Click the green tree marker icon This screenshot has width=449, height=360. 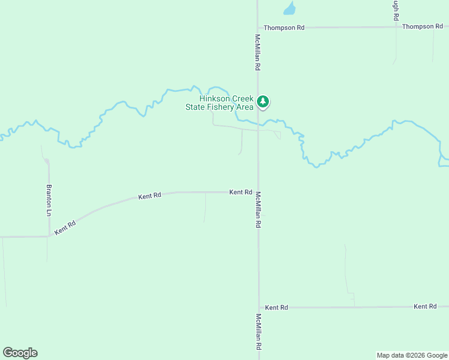click(262, 101)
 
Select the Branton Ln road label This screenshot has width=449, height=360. click(49, 200)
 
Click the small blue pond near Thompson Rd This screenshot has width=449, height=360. click(289, 8)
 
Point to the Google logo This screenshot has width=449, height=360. click(20, 353)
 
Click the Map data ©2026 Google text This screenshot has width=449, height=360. click(412, 355)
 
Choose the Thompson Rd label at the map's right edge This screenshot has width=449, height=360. click(423, 26)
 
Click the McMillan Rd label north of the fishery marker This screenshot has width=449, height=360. click(258, 52)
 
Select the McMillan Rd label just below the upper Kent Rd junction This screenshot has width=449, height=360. click(258, 209)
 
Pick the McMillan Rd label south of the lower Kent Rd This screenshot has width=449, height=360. click(259, 331)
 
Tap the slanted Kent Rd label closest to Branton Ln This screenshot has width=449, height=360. click(65, 228)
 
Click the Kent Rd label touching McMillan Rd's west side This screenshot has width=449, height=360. click(240, 192)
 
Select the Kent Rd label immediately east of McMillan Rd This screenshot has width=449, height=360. click(276, 307)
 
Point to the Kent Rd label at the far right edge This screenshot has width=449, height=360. click(425, 307)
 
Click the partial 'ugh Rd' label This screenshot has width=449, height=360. click(396, 11)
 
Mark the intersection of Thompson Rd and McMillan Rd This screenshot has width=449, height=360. click(258, 28)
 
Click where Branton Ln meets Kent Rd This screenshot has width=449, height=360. click(49, 236)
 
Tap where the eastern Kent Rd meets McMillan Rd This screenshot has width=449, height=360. click(259, 307)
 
